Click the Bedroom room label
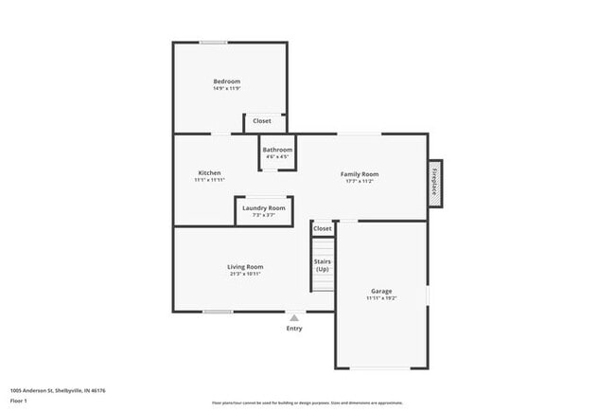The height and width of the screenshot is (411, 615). [x=227, y=81]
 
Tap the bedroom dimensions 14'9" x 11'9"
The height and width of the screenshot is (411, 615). [x=227, y=89]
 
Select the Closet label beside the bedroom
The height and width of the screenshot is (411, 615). [x=262, y=121]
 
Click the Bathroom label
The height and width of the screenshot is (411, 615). [x=277, y=150]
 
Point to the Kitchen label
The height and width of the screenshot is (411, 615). [x=209, y=172]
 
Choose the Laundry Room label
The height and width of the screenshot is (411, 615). [x=263, y=208]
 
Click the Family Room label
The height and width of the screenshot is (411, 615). [x=360, y=174]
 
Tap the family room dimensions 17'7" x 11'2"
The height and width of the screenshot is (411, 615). [x=360, y=182]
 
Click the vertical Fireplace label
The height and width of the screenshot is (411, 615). [x=435, y=180]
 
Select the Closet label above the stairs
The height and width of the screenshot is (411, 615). [x=323, y=229]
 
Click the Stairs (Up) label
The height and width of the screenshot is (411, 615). [x=323, y=266]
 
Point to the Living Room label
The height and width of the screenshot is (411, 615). [x=244, y=267]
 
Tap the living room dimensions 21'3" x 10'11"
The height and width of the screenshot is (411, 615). [x=244, y=275]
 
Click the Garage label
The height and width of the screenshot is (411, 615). [x=381, y=291]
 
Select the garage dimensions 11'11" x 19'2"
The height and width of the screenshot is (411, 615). [x=381, y=298]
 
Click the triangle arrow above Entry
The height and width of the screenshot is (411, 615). [x=294, y=318]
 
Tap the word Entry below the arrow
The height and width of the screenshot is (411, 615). [x=294, y=329]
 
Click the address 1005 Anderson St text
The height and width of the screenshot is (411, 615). [x=58, y=390]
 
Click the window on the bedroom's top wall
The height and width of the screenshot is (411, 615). [x=213, y=42]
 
